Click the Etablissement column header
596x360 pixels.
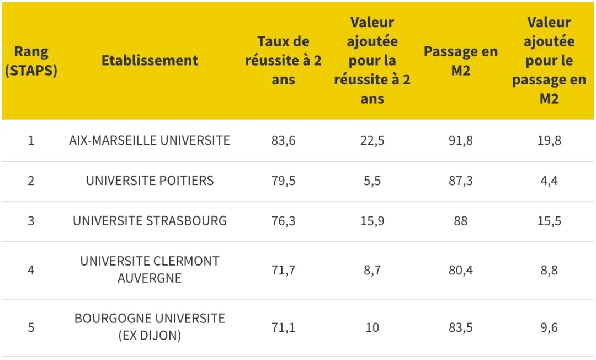(x=150, y=61)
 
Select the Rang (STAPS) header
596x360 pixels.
(x=31, y=61)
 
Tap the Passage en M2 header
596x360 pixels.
(x=460, y=61)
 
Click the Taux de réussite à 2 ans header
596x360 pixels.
(x=283, y=61)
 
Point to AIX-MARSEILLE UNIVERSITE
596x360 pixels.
(x=150, y=140)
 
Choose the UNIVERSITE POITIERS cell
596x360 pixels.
(x=150, y=181)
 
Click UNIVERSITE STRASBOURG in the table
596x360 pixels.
(x=150, y=221)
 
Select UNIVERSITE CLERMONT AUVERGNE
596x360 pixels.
(x=150, y=269)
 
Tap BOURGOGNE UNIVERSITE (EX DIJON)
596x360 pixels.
(x=150, y=327)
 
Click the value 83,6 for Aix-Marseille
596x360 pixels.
(x=283, y=140)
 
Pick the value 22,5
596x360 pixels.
(x=372, y=140)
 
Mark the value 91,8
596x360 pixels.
(x=460, y=140)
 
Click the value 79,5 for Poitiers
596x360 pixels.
(x=283, y=181)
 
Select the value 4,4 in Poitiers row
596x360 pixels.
(x=549, y=181)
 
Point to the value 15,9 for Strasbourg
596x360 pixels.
(x=372, y=221)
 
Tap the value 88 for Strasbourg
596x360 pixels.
(x=460, y=221)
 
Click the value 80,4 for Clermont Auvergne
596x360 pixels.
(x=460, y=271)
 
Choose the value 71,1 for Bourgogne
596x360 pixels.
(x=283, y=327)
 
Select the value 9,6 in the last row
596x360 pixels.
(x=549, y=327)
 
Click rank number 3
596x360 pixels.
(x=31, y=221)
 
